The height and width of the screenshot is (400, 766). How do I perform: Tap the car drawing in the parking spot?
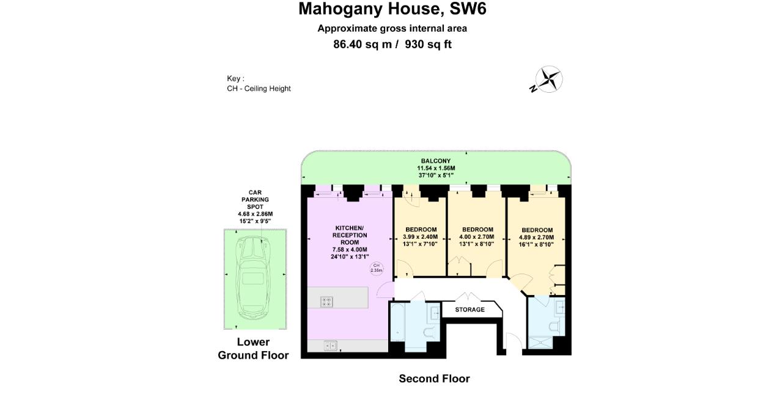tap(255, 278)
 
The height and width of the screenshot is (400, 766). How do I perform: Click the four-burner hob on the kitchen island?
tap(326, 300)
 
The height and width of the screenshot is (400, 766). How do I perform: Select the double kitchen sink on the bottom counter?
tap(330, 346)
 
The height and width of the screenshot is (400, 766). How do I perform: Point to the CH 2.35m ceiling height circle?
tap(377, 267)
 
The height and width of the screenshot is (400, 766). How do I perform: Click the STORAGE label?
tap(470, 310)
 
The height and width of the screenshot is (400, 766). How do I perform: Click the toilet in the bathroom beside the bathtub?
tap(430, 332)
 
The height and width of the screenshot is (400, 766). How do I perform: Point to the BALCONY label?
tap(435, 161)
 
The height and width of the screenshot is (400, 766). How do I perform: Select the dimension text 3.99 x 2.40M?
tap(421, 238)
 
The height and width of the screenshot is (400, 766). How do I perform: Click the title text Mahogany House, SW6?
tap(392, 9)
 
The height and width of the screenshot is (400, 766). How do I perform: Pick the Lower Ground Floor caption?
tap(253, 349)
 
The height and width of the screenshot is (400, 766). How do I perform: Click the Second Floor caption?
tap(434, 379)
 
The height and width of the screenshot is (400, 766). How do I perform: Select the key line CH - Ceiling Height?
tap(259, 89)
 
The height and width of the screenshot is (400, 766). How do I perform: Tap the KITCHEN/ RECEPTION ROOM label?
tap(350, 235)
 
